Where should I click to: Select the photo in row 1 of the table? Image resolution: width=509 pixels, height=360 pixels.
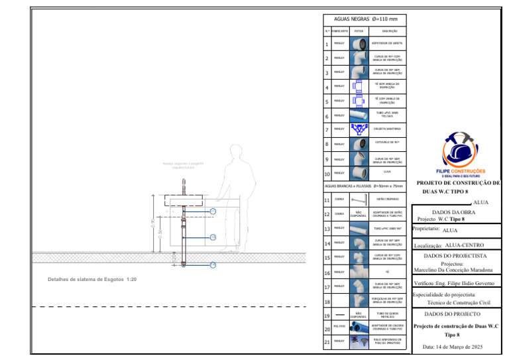click(x=359, y=44)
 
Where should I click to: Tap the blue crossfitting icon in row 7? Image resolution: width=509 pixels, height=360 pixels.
click(x=359, y=128)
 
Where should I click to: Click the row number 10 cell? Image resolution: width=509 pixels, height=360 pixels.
click(x=327, y=174)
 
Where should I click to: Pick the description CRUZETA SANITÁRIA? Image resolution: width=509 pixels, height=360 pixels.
click(x=388, y=128)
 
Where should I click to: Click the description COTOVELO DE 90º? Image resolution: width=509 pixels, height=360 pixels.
click(x=388, y=143)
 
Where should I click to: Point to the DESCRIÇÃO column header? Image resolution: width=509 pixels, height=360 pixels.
click(x=388, y=31)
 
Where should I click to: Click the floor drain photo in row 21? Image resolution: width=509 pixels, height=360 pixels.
click(x=359, y=341)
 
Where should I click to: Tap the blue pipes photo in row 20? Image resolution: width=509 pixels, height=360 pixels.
click(x=359, y=327)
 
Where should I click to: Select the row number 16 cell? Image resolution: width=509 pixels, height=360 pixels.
click(x=327, y=272)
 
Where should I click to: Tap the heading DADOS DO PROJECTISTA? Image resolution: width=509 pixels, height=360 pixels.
click(x=455, y=255)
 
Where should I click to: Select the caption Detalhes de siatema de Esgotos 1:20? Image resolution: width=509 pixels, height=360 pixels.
click(x=92, y=279)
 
